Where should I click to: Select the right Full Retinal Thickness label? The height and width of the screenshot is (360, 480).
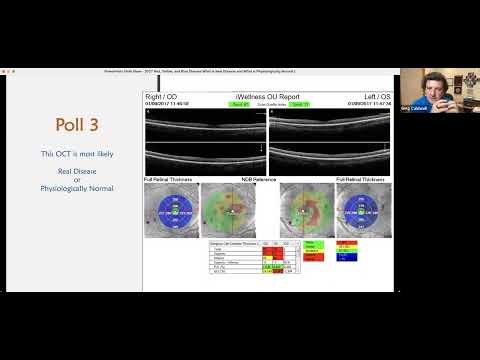coord(360,179)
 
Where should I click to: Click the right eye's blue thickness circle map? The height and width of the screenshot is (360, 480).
coord(171,213)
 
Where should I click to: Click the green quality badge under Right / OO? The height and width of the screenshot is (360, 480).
coord(237,104)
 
